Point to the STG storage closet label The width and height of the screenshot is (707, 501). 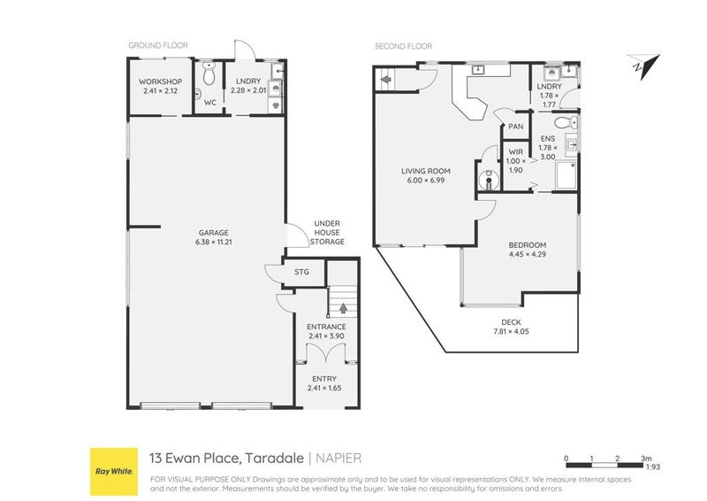301,272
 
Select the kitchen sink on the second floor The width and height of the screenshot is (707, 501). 477,69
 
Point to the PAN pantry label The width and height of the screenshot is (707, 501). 515,127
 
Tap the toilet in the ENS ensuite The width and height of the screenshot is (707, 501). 571,121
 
